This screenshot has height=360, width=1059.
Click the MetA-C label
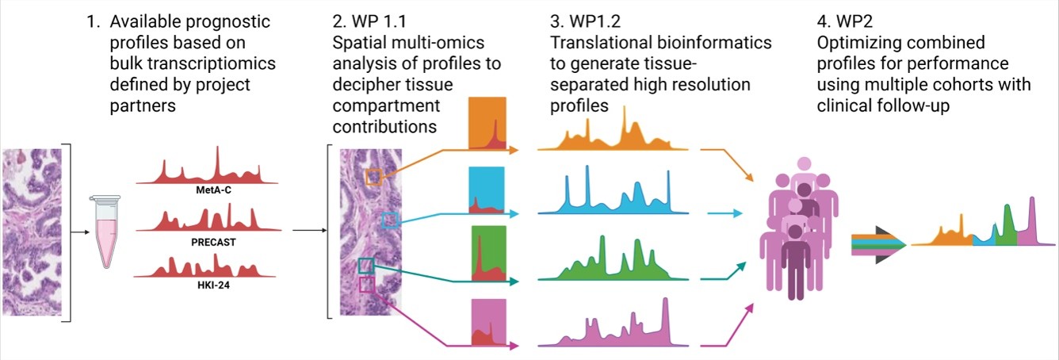tap(214, 190)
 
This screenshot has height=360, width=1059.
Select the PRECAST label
tap(213, 242)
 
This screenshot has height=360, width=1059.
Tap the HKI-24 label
tap(213, 285)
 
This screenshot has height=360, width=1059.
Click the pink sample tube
tap(105, 231)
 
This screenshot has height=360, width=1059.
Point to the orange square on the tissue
tap(373, 177)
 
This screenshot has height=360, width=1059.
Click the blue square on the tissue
tap(389, 220)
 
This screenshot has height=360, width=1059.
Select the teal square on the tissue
tap(366, 266)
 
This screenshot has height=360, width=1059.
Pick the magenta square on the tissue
tap(367, 285)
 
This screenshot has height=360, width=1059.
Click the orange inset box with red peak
tap(487, 123)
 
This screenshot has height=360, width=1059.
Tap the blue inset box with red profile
tap(487, 190)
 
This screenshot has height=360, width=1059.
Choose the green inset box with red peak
tap(489, 253)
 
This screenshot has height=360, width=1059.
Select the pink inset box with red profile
tap(489, 322)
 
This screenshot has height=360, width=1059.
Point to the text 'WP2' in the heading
tap(854, 21)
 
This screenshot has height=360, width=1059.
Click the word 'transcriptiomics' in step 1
tap(193, 63)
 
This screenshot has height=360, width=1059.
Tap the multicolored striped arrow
tap(878, 244)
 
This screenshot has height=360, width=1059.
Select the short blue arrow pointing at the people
tap(724, 213)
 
